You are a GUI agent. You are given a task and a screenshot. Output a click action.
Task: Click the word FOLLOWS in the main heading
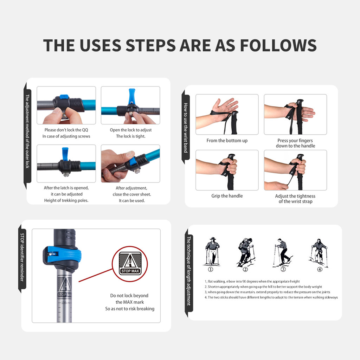(x=278, y=45)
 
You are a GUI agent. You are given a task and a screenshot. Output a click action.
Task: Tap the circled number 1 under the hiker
(x=210, y=269)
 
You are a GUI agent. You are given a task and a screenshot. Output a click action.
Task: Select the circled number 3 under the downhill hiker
(x=283, y=269)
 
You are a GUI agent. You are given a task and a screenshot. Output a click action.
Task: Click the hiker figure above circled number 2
(x=246, y=252)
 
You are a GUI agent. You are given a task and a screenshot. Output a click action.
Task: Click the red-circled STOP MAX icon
(x=130, y=264)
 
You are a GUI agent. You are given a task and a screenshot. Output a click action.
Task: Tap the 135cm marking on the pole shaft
(x=65, y=303)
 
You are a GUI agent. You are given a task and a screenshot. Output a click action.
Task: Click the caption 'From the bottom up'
(x=227, y=141)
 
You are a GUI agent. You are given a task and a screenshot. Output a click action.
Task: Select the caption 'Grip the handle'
(x=227, y=196)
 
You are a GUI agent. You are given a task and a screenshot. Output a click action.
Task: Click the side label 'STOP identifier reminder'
(x=22, y=257)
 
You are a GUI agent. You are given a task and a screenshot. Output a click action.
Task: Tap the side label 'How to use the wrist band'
(x=186, y=128)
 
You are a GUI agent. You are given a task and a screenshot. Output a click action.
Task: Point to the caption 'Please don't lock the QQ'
(x=66, y=130)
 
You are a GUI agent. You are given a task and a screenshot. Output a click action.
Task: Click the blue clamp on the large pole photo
(x=62, y=256)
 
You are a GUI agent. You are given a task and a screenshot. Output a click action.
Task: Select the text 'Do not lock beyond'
(x=129, y=295)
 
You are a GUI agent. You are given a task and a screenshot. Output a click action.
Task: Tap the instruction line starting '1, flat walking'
(x=252, y=282)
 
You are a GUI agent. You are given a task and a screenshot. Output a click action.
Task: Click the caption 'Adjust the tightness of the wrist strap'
(x=295, y=199)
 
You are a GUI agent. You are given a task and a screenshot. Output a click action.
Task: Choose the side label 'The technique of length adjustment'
(x=189, y=271)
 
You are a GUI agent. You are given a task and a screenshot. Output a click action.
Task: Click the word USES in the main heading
(x=100, y=45)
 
